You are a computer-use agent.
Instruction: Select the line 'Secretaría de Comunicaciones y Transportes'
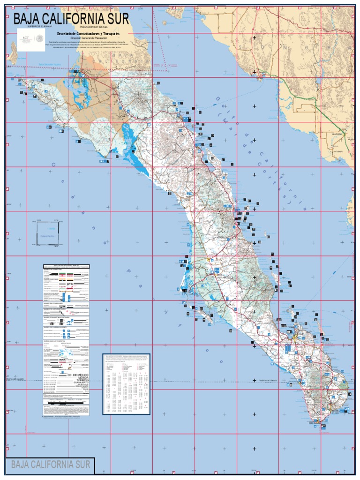88,34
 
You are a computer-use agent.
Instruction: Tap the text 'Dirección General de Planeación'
88,38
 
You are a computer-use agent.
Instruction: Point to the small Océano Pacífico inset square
47,233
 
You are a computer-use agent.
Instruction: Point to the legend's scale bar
66,402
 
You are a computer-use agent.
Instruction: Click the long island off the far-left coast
14,52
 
